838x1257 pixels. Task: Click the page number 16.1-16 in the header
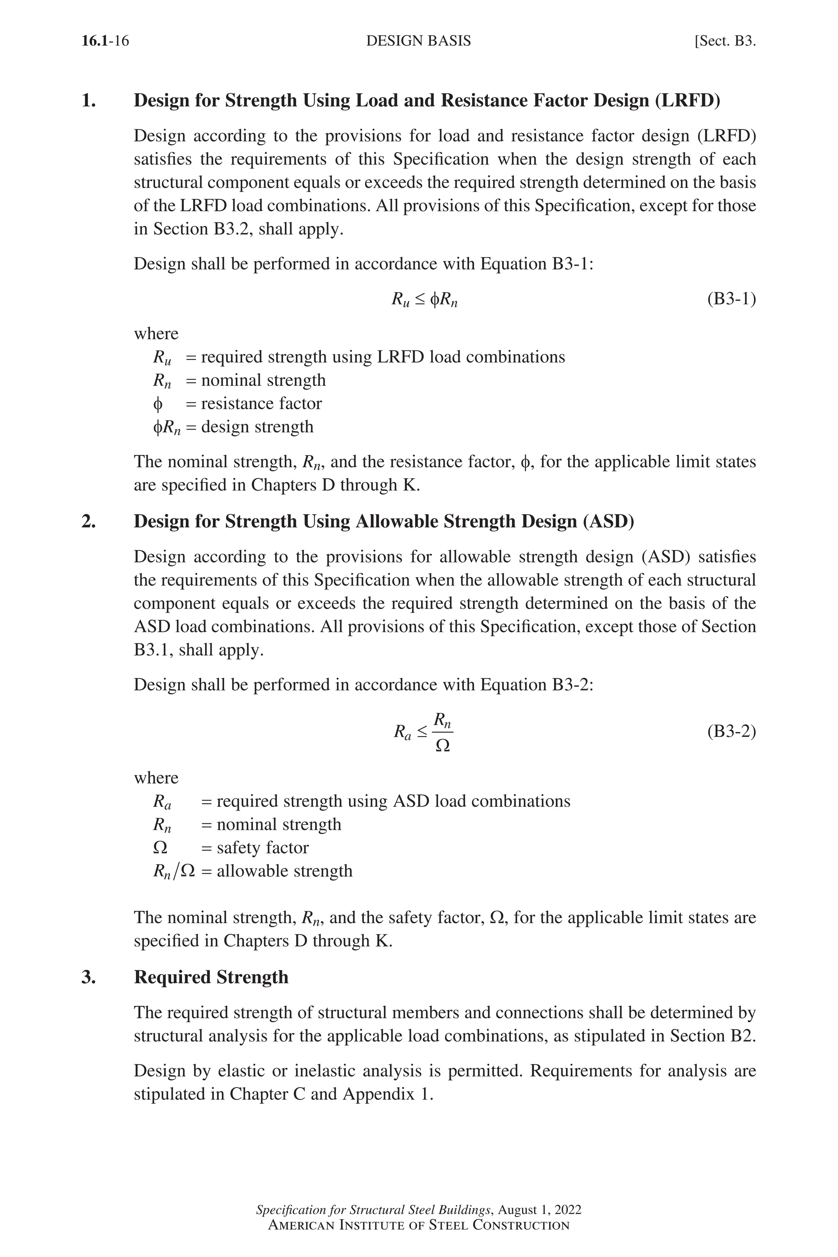click(105, 41)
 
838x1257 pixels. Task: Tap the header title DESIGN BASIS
click(419, 41)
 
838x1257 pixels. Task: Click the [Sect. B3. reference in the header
click(725, 41)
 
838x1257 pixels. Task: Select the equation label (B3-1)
click(731, 299)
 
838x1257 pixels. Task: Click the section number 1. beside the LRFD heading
click(89, 101)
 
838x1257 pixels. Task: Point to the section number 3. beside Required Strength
click(89, 977)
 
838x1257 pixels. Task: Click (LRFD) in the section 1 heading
click(687, 101)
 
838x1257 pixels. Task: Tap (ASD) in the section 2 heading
click(608, 521)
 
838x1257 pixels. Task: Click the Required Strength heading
click(211, 977)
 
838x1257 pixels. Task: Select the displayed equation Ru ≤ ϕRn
click(424, 300)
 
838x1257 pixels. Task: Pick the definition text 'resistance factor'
click(261, 403)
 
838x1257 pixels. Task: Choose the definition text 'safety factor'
click(262, 848)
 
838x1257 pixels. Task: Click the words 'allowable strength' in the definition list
click(284, 871)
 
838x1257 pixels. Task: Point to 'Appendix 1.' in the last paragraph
click(387, 1094)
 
